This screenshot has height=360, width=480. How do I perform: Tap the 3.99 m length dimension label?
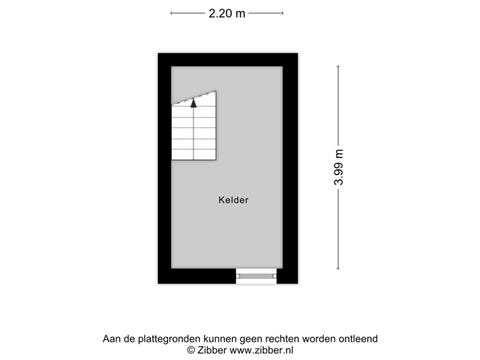click(339, 167)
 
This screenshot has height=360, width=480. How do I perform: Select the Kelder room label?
click(233, 199)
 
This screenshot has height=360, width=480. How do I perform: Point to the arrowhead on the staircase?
click(194, 103)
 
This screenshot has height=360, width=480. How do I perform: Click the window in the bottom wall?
click(257, 276)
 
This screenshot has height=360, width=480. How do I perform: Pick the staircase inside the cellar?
click(194, 130)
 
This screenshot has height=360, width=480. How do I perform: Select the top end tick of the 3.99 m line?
click(339, 66)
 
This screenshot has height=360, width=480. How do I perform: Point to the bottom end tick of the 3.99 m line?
click(339, 269)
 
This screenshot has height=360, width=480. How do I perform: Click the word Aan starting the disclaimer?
click(111, 339)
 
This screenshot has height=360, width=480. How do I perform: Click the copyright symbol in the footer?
click(191, 349)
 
